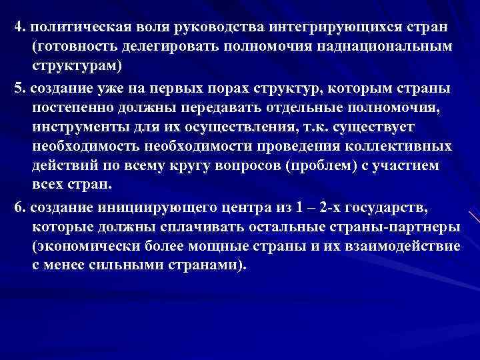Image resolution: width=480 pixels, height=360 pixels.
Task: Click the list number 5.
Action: pyautogui.click(x=18, y=89)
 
